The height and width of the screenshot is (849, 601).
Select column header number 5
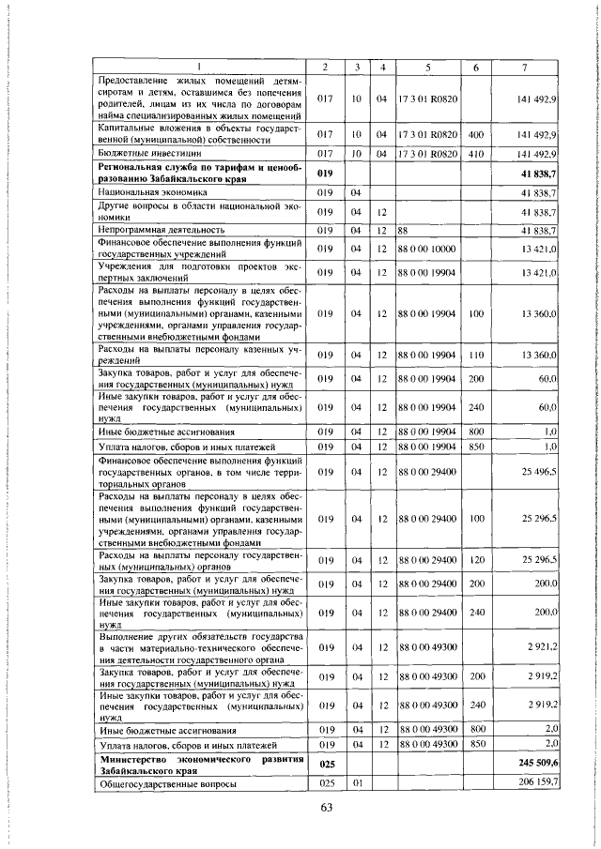point(427,67)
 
